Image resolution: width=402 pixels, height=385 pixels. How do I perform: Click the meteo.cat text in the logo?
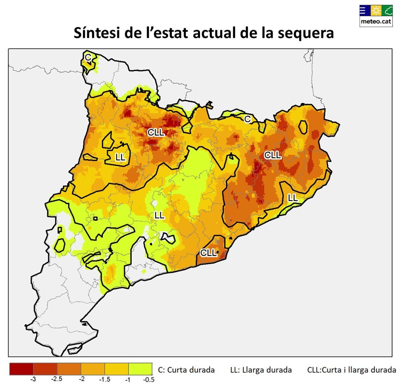click(376, 21)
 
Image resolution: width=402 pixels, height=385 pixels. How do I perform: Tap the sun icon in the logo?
click(376, 11)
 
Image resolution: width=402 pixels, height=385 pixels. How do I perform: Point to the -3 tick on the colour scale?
click(33, 379)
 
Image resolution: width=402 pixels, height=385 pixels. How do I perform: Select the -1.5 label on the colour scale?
click(105, 379)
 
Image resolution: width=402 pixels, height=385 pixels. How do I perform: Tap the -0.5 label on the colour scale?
click(149, 379)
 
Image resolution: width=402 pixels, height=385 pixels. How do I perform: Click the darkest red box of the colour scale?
click(21, 369)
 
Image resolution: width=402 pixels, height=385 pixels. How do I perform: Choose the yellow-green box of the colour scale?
click(140, 369)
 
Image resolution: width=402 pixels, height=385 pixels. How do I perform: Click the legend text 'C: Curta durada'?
click(186, 370)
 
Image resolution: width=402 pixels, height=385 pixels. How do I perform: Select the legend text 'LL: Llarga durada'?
click(261, 370)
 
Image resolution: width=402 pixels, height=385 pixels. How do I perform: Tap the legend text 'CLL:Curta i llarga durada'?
click(351, 370)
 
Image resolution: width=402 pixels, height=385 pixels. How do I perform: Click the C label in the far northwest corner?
click(88, 57)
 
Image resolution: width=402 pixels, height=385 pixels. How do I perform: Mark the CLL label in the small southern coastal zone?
click(208, 253)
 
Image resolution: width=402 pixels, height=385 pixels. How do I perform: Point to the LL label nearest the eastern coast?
click(293, 198)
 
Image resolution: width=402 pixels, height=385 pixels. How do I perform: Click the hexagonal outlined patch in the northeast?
click(303, 127)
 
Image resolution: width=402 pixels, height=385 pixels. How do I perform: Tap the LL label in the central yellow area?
click(159, 215)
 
